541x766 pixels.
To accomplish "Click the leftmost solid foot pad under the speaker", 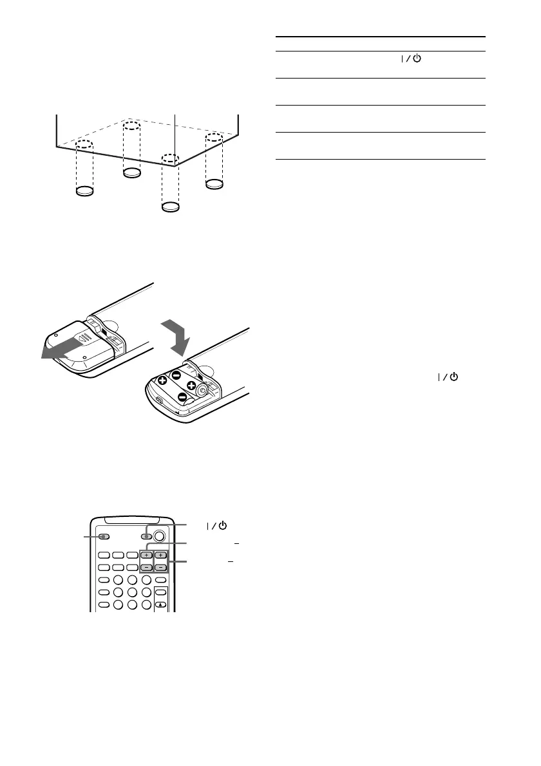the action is pyautogui.click(x=85, y=191).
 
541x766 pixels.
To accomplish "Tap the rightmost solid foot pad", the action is pyautogui.click(x=214, y=185).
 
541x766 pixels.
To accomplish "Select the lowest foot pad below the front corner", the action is pyautogui.click(x=170, y=207).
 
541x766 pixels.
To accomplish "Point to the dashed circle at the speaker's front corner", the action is pyautogui.click(x=169, y=158).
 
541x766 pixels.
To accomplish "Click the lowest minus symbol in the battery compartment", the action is pyautogui.click(x=182, y=397).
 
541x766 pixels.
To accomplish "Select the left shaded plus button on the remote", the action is pyautogui.click(x=146, y=554).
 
